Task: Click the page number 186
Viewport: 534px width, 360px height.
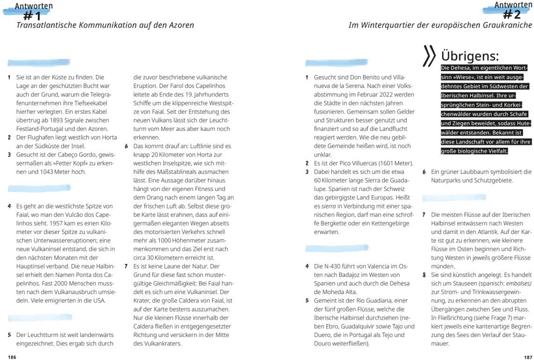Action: (12, 357)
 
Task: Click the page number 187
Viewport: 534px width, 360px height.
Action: (528, 357)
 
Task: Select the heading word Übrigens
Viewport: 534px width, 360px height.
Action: (470, 56)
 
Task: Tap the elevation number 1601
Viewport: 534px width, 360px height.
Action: (381, 163)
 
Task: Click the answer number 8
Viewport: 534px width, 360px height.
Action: (424, 275)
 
